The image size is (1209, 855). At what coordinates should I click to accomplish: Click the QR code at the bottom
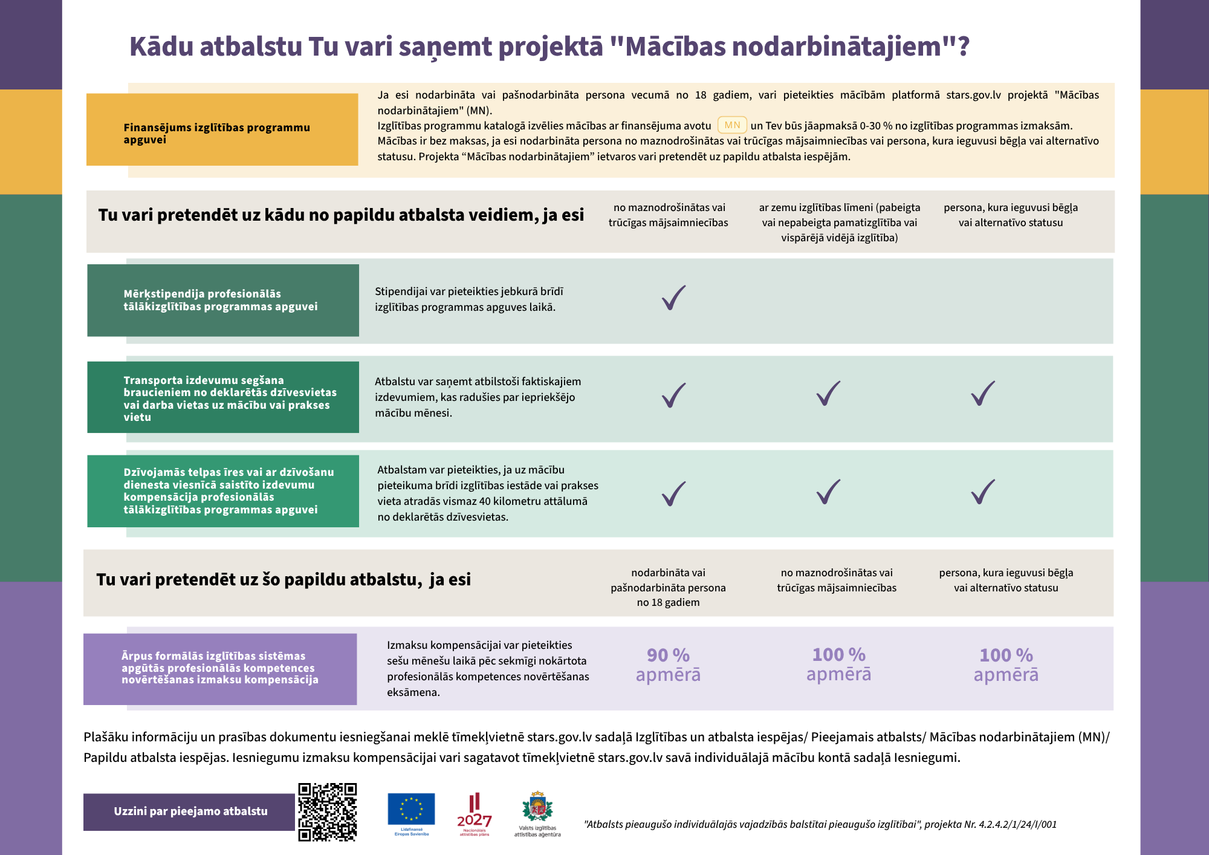click(327, 811)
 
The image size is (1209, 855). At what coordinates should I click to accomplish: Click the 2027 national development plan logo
click(475, 814)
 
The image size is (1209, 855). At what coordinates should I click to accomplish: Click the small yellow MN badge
click(732, 125)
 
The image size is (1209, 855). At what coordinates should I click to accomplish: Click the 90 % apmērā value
click(668, 665)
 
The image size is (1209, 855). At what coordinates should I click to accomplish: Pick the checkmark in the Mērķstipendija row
click(673, 297)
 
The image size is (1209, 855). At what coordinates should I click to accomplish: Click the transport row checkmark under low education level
click(828, 394)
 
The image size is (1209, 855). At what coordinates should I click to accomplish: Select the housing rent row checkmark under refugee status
click(983, 492)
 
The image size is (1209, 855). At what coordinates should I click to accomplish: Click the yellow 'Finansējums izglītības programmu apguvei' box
click(222, 129)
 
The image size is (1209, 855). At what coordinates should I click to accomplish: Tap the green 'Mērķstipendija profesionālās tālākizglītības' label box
click(223, 300)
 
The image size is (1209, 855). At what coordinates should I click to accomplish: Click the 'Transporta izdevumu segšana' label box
click(223, 397)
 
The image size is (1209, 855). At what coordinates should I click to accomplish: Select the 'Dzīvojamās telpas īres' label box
click(223, 491)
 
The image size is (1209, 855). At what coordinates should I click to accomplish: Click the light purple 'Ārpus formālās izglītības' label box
click(220, 669)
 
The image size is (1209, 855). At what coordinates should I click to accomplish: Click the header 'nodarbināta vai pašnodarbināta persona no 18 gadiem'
click(668, 587)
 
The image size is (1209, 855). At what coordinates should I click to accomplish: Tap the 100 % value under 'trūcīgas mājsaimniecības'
click(838, 664)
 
